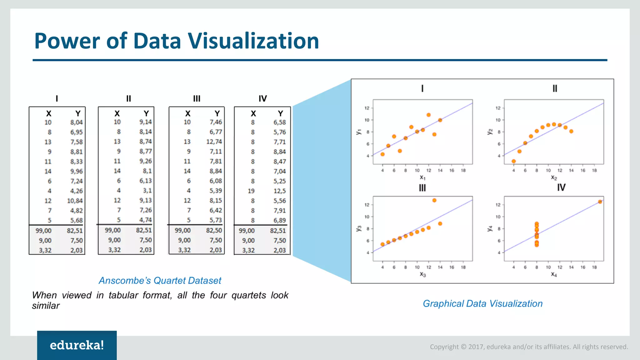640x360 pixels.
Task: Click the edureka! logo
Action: tap(77, 345)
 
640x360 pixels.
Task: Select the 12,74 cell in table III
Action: tap(214, 142)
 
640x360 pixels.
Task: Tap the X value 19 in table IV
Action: tap(251, 191)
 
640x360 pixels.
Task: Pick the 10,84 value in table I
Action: tap(75, 201)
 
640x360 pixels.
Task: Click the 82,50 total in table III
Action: tap(214, 230)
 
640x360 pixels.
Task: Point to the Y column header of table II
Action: tap(146, 113)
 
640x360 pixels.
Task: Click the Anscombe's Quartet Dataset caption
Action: tap(160, 280)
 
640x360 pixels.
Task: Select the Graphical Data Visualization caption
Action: tap(482, 303)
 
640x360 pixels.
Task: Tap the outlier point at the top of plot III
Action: tap(434, 200)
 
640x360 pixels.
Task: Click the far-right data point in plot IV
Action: tap(600, 202)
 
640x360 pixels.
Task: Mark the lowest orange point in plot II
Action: tap(514, 161)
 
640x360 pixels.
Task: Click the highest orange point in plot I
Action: tap(428, 115)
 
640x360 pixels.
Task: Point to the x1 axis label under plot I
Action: tap(422, 177)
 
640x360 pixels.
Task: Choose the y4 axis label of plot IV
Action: tap(490, 228)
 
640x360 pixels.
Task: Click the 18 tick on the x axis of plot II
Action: tap(594, 170)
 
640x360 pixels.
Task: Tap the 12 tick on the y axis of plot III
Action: tap(367, 205)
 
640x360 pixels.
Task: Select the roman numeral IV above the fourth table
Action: tap(262, 99)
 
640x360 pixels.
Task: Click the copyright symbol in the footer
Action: tap(463, 347)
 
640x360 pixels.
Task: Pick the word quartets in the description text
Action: tap(249, 295)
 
